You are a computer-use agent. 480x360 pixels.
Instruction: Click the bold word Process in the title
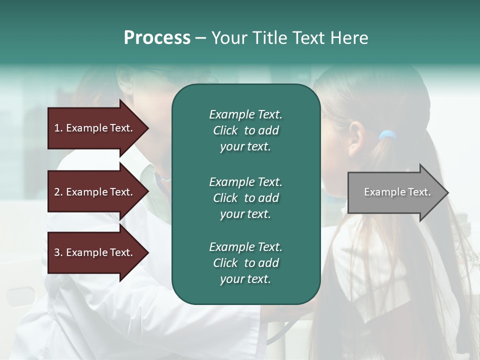coord(157,38)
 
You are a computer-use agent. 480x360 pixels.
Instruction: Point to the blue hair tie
coord(387,135)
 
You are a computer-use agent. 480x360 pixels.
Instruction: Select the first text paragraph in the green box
coord(245,130)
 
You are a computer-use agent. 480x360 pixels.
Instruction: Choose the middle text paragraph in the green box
coord(245,198)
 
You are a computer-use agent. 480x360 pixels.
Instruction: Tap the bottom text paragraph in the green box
coord(245,263)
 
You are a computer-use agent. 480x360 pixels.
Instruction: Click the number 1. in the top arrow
coord(58,128)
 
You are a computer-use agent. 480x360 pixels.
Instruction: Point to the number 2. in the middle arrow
coord(58,192)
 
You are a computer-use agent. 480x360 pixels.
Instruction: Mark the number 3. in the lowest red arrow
coord(58,252)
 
